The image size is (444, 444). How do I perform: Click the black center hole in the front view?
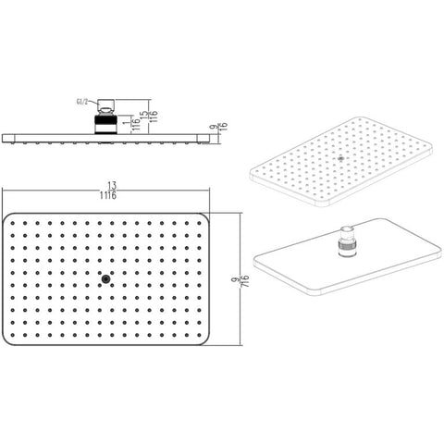106,279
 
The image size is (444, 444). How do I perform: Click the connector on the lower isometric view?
346,243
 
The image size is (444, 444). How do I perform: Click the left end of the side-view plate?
4,138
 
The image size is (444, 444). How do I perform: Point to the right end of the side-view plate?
210,138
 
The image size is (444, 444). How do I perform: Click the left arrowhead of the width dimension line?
5,192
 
